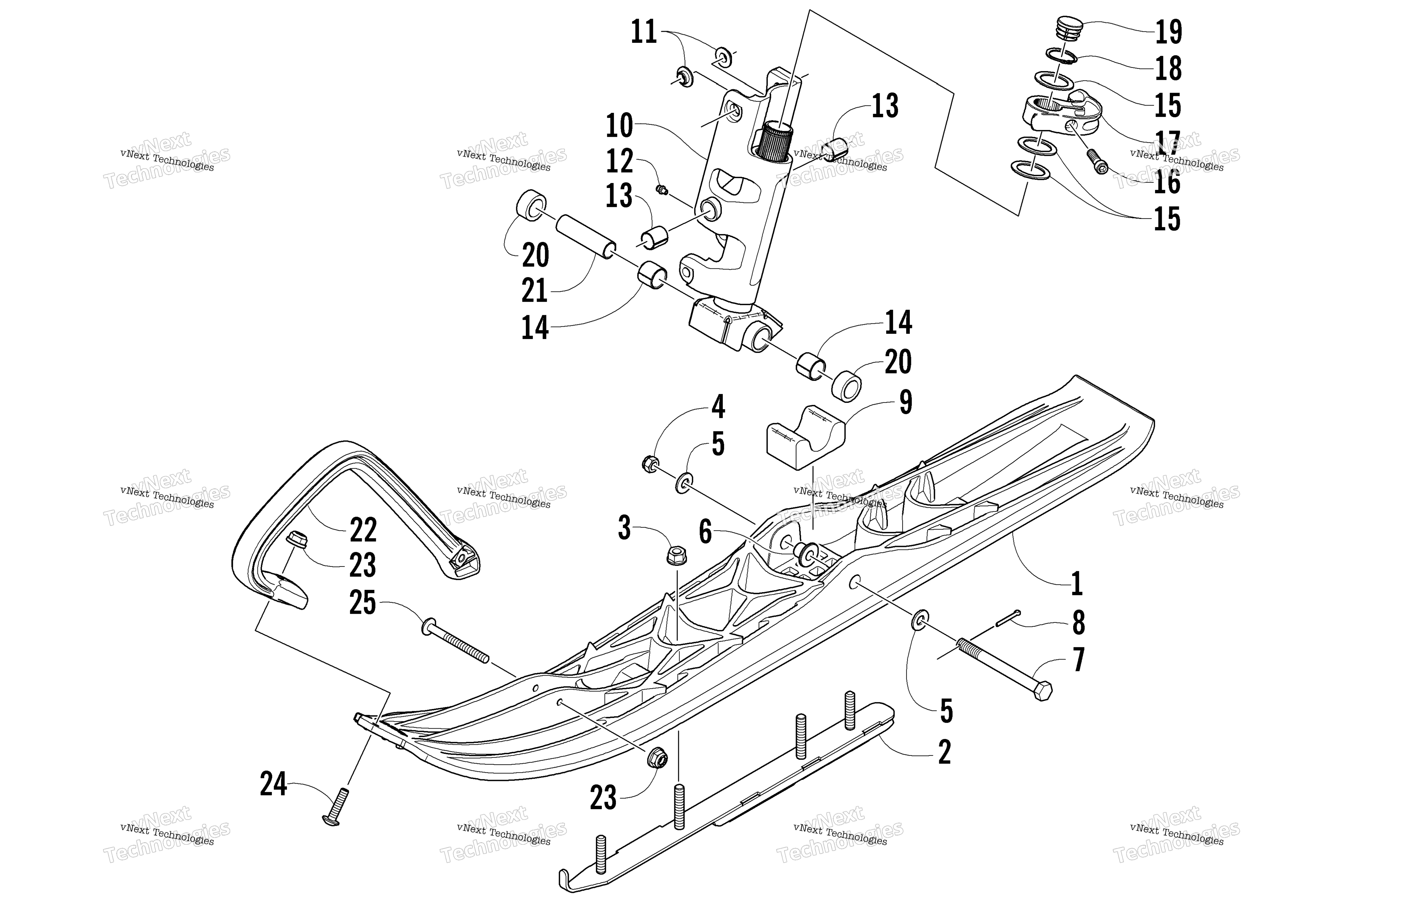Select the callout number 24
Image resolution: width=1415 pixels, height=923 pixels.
pyautogui.click(x=273, y=784)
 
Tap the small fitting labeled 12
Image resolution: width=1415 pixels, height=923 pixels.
pyautogui.click(x=661, y=190)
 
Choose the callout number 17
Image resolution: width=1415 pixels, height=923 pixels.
pyautogui.click(x=1167, y=143)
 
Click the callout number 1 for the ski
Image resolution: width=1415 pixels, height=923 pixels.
pyautogui.click(x=1077, y=584)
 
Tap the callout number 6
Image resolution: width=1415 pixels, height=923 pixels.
pyautogui.click(x=705, y=531)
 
